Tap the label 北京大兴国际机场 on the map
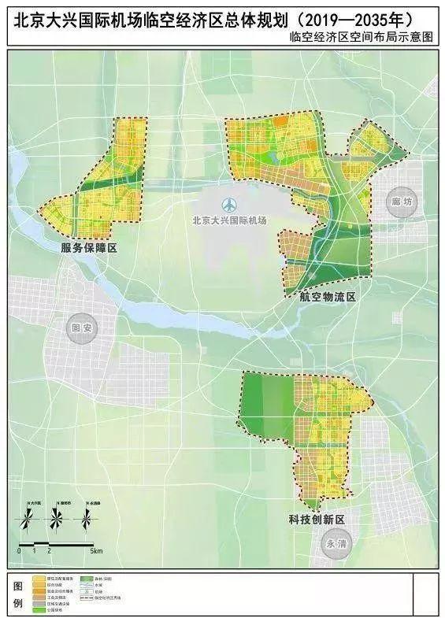coord(229,221)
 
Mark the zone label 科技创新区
coord(317,520)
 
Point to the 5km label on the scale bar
coord(96,551)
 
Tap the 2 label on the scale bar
coord(49,551)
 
